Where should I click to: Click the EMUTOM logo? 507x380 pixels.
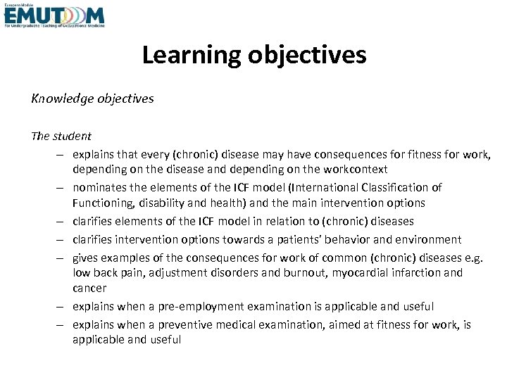pyautogui.click(x=54, y=15)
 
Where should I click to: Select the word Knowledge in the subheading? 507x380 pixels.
pyautogui.click(x=60, y=99)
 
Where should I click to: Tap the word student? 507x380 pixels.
pyautogui.click(x=72, y=136)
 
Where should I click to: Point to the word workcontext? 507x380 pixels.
pyautogui.click(x=355, y=170)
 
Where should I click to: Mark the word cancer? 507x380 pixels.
pyautogui.click(x=89, y=288)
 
